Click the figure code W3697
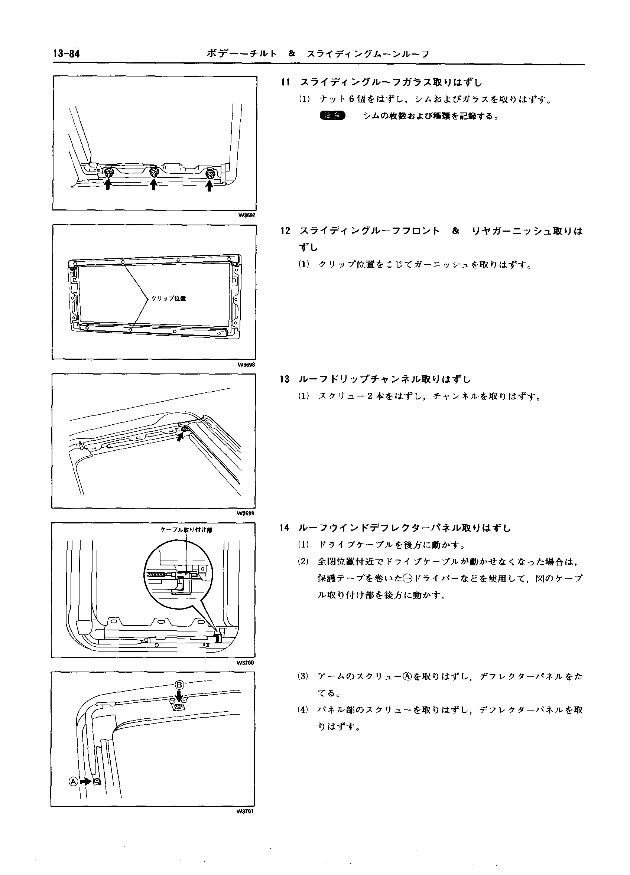246,215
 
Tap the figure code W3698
246,365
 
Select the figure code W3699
246,513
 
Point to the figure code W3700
246,663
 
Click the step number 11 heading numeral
285,82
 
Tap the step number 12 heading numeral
285,231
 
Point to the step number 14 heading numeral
285,528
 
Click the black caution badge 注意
333,115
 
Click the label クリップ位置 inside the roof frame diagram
168,298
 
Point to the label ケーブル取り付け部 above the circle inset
186,530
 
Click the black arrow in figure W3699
180,437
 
